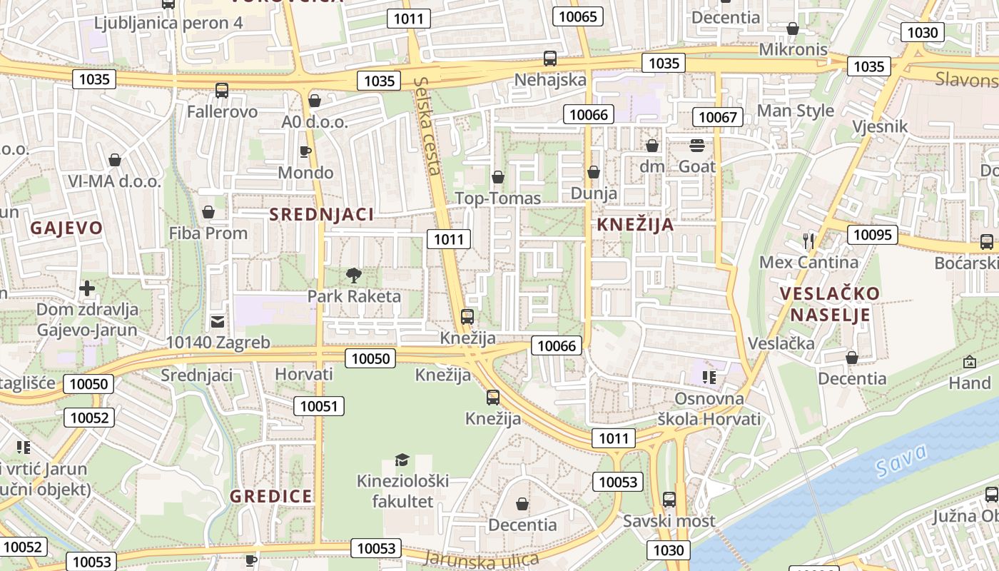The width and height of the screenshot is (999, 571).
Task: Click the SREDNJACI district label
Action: coord(321,214)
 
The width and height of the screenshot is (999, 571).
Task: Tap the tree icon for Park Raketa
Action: coord(353,276)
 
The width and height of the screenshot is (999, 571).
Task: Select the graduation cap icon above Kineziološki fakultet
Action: coord(402,460)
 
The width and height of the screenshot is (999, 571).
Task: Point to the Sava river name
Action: coord(902,460)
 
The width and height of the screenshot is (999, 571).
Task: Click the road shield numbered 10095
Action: coord(872,234)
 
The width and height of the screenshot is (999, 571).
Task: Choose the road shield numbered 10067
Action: coord(719,117)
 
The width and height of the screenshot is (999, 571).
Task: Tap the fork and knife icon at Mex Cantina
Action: coord(808,241)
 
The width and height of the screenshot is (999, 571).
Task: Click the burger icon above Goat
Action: coord(697,146)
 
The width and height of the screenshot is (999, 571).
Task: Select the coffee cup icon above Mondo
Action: coord(305,151)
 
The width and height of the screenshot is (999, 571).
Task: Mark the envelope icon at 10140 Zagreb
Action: coord(218,322)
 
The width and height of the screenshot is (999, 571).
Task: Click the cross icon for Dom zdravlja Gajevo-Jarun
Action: coord(87,288)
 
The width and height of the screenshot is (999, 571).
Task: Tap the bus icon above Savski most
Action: coord(669,500)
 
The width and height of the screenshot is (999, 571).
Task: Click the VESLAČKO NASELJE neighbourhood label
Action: coord(829,304)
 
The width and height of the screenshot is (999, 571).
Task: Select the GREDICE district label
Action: coord(271,496)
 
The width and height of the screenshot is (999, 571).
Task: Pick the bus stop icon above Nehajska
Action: coord(550,59)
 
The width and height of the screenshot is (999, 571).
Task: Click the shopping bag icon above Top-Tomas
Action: coord(498,177)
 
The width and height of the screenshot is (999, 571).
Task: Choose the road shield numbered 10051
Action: coord(319,406)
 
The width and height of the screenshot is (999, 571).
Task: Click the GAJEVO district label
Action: coord(66,228)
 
